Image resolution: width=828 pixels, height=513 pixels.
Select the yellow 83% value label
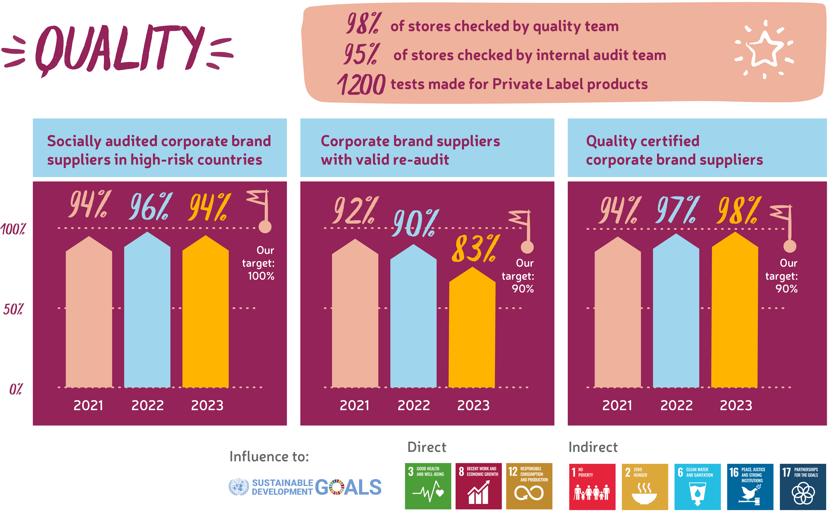tap(475, 249)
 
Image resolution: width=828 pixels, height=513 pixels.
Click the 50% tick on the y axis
tap(13, 309)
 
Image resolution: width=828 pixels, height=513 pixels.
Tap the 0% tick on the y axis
tap(16, 389)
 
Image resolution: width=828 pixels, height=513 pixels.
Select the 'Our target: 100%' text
tap(259, 263)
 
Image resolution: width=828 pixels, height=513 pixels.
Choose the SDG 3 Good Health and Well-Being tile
tap(428, 486)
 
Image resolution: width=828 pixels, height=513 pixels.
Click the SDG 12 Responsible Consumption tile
tap(529, 486)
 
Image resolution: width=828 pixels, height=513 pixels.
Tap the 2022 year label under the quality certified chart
tap(676, 405)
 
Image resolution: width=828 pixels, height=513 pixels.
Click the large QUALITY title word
tap(119, 49)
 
